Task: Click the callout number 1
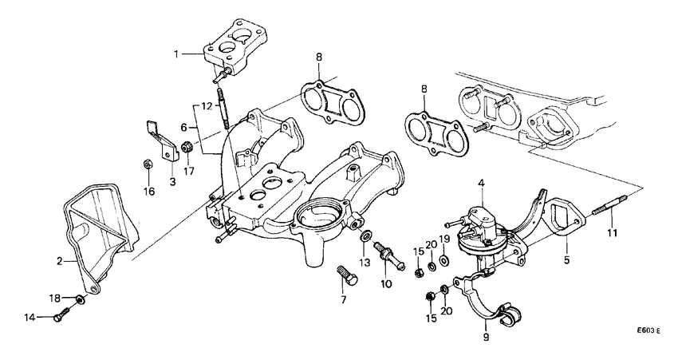pyautogui.click(x=177, y=53)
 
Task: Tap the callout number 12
pyautogui.click(x=205, y=105)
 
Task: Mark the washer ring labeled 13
pyautogui.click(x=365, y=237)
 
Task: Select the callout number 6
pyautogui.click(x=183, y=127)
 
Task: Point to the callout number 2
pyautogui.click(x=59, y=259)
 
